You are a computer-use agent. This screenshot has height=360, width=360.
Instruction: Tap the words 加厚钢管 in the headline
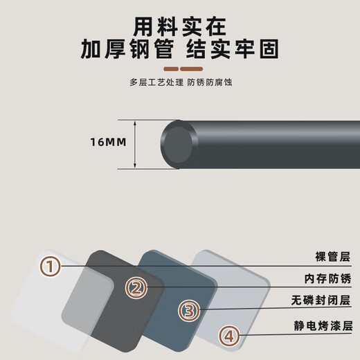[x=127, y=48]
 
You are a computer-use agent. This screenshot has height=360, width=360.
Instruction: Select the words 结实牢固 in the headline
[x=233, y=48]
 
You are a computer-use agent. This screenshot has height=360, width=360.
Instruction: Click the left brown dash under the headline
[x=171, y=69]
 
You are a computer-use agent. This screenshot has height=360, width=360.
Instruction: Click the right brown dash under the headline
[x=192, y=69]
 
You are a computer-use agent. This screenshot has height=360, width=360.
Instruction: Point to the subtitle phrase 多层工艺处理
[x=156, y=82]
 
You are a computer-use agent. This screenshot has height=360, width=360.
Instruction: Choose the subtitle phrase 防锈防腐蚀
[x=210, y=82]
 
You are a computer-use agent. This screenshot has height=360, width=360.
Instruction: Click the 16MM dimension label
[x=108, y=142]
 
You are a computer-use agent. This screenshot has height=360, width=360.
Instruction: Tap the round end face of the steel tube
[x=178, y=145]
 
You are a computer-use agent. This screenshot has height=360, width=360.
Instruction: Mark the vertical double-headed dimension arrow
[x=135, y=145]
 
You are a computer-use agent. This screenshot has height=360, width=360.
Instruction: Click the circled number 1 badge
[x=51, y=267]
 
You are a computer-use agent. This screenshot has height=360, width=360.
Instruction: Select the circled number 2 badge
[x=136, y=287]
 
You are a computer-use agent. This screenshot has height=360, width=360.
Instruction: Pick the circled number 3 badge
[x=189, y=310]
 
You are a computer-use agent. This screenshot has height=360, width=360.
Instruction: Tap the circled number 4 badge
[x=229, y=336]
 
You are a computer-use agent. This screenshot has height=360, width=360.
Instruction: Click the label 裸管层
[x=332, y=257]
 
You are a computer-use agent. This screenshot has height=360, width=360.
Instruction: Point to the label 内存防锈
[x=327, y=278]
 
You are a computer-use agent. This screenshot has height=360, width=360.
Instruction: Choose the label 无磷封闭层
[x=321, y=300]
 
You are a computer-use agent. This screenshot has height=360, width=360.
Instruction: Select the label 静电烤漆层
[x=323, y=325]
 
